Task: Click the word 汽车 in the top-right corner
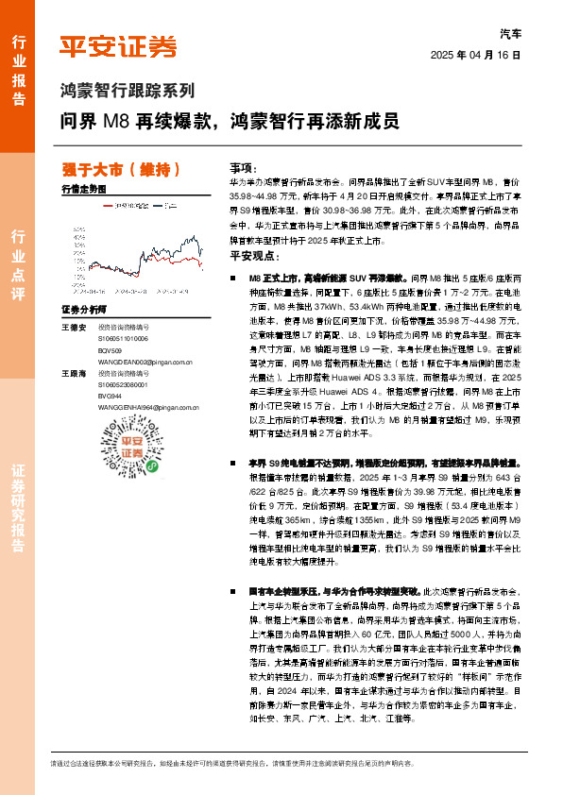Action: click(x=508, y=32)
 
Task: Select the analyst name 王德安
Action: click(x=73, y=327)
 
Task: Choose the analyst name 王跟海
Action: click(x=73, y=372)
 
